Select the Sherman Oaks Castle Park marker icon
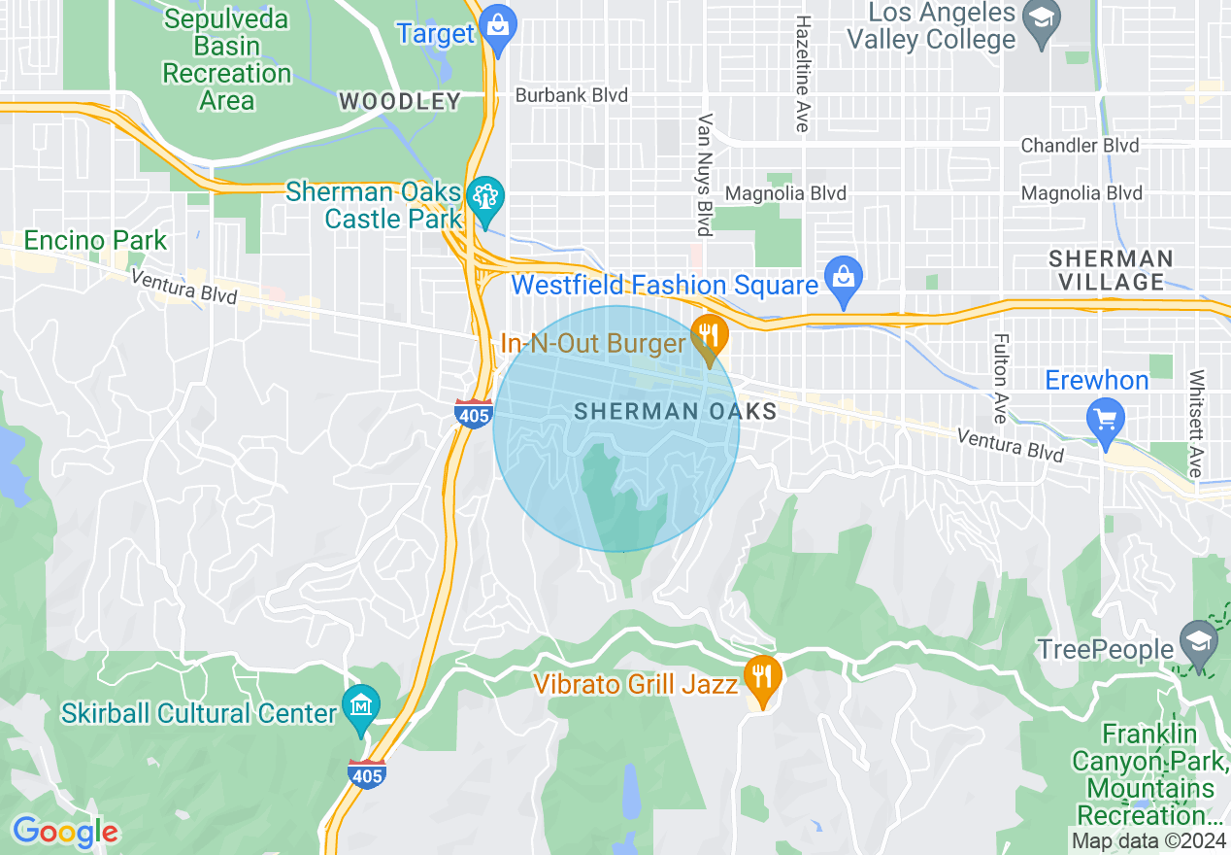(x=483, y=198)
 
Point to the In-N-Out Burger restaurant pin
(x=710, y=336)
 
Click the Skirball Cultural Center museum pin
(x=361, y=704)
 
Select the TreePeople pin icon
(x=1199, y=640)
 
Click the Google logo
(x=65, y=832)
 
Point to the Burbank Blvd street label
(x=571, y=95)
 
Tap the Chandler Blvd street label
(x=1080, y=146)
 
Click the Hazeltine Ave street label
(x=803, y=74)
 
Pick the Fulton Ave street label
(x=1000, y=379)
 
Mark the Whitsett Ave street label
(x=1196, y=423)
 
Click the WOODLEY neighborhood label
(x=399, y=101)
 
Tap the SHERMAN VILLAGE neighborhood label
(x=1111, y=270)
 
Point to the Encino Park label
(x=95, y=240)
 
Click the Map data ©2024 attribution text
(x=1148, y=839)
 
